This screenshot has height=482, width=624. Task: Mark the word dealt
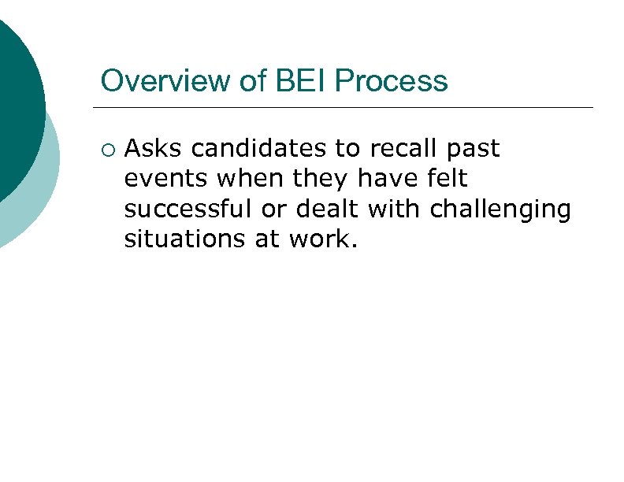(x=329, y=209)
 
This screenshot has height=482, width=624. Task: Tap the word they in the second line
(x=320, y=180)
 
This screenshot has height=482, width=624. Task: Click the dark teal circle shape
(x=16, y=110)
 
